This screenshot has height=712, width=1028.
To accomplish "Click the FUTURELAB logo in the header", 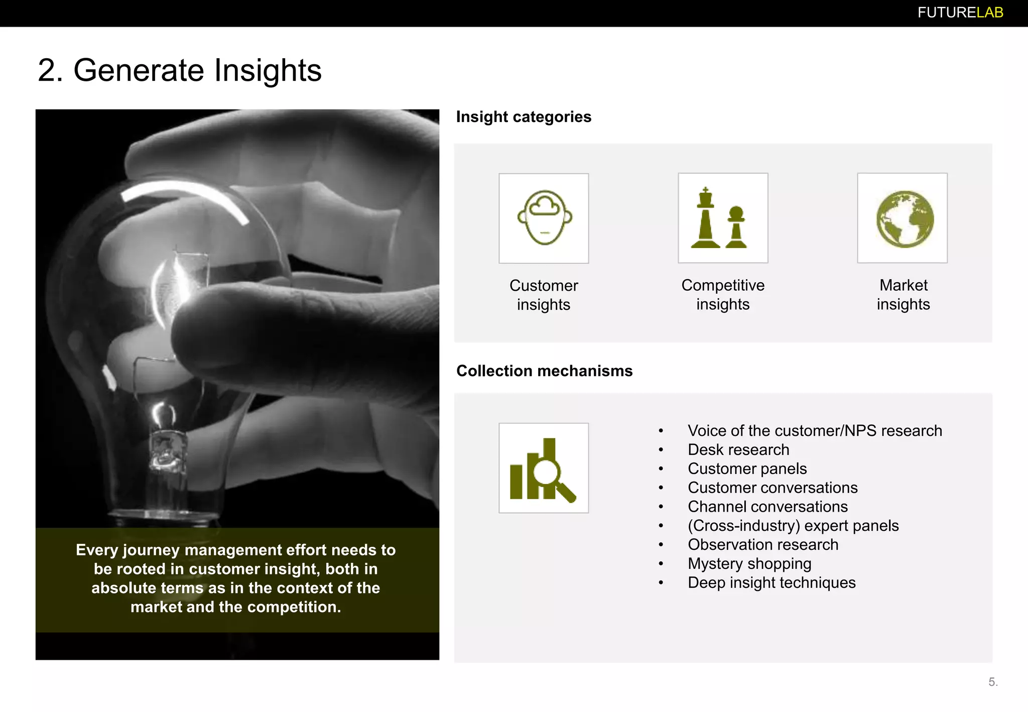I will tap(960, 13).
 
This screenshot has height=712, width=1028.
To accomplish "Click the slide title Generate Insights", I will tap(180, 70).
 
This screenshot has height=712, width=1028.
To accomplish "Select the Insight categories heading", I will tap(524, 117).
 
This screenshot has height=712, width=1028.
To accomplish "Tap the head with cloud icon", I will tap(544, 218).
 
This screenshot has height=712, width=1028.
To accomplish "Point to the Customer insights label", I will tap(544, 295).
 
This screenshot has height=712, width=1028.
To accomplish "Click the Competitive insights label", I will tap(722, 294).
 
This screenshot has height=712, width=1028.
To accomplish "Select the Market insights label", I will tap(903, 294).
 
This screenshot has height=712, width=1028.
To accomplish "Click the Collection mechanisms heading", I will tap(544, 371).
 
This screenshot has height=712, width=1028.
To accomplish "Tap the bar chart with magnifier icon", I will tap(544, 468).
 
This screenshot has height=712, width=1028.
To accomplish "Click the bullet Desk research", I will tap(738, 450).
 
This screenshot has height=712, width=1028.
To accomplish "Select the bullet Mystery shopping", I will tap(749, 564).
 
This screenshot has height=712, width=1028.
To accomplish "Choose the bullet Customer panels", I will tap(747, 469).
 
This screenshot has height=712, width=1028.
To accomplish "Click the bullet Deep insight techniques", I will tap(771, 583).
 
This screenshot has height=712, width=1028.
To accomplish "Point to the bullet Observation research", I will tap(762, 545).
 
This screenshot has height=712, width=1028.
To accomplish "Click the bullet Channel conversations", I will tap(767, 507).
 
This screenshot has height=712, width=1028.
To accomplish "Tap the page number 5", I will tap(992, 682).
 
